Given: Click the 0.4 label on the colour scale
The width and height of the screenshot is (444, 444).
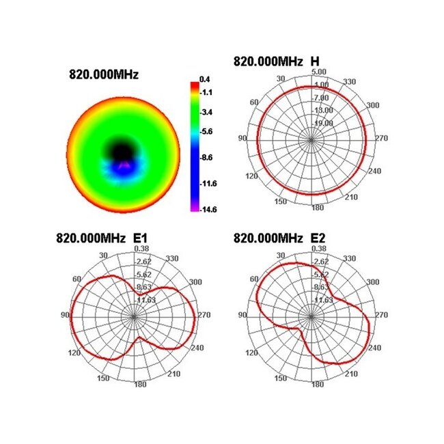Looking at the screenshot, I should point(204,79).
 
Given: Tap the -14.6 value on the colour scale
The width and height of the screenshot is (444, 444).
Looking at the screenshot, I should point(206,209).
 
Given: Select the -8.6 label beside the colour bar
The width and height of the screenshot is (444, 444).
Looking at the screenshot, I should point(205,158).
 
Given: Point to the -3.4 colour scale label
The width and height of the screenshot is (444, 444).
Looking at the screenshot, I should point(205,111).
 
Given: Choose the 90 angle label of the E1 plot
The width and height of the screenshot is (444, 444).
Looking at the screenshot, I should point(66,316).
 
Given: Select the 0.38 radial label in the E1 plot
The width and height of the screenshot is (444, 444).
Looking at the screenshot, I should point(146,249).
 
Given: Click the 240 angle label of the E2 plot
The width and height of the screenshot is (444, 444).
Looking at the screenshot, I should point(375,348).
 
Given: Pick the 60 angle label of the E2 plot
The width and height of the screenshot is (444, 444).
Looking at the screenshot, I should point(255,279).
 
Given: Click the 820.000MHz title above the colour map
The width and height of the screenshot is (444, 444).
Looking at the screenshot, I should point(103,74).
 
